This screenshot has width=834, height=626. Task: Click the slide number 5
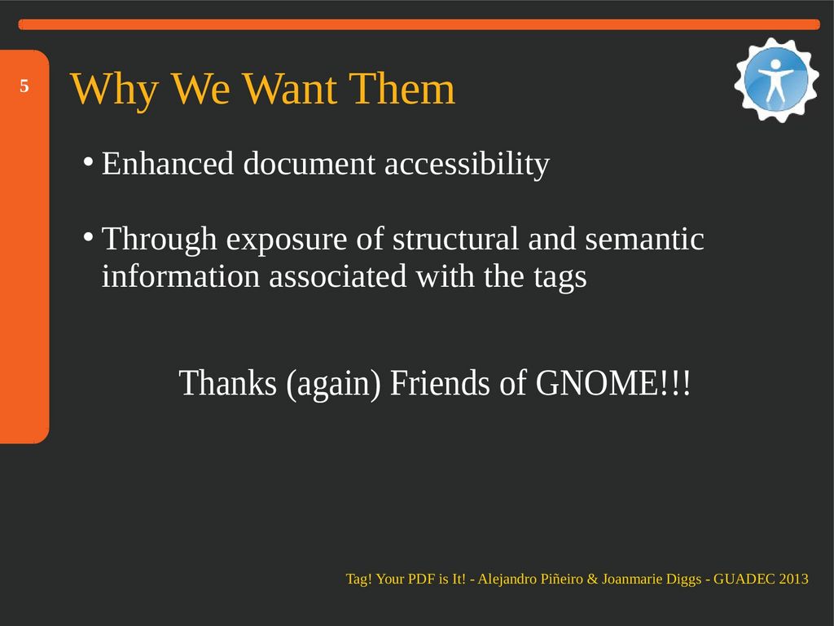24,86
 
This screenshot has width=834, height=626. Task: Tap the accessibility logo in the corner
776,80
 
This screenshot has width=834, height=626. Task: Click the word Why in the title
114,89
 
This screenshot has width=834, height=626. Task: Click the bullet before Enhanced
89,161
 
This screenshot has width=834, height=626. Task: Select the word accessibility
467,164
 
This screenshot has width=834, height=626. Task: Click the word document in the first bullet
309,163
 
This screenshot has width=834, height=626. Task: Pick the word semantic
645,239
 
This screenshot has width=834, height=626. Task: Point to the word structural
455,239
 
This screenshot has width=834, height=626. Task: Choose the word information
180,276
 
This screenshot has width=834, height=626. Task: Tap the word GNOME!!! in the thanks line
612,382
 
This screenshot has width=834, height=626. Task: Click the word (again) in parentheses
333,383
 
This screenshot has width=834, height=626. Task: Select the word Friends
440,382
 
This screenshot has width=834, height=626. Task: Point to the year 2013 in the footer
793,579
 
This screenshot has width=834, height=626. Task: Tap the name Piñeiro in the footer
562,579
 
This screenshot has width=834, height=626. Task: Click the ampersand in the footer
593,579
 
